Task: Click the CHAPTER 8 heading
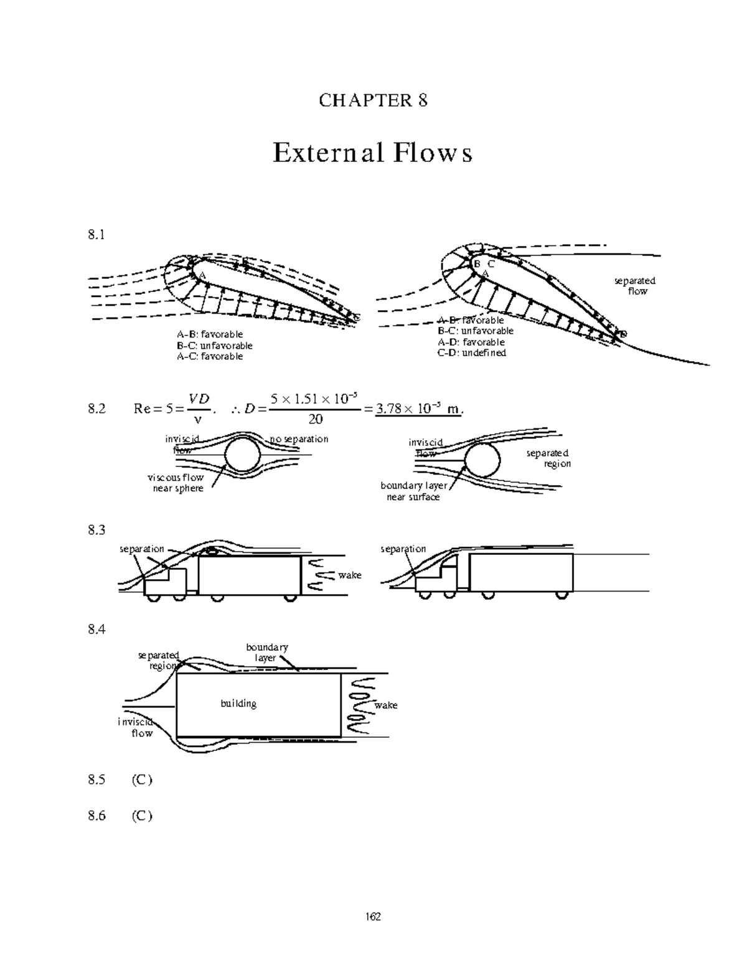[x=373, y=100]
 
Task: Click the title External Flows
[x=372, y=153]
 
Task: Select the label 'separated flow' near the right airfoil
[x=635, y=286]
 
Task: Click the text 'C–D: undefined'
[x=471, y=353]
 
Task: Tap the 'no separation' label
[x=298, y=439]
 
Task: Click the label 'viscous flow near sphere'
[x=176, y=483]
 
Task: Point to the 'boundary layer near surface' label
[x=413, y=491]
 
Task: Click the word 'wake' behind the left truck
[x=349, y=575]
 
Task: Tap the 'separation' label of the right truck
[x=403, y=549]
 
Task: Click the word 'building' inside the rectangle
[x=238, y=704]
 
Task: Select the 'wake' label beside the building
[x=386, y=705]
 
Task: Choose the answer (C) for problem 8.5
[x=141, y=780]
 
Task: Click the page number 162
[x=373, y=917]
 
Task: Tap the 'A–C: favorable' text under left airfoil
[x=209, y=357]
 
